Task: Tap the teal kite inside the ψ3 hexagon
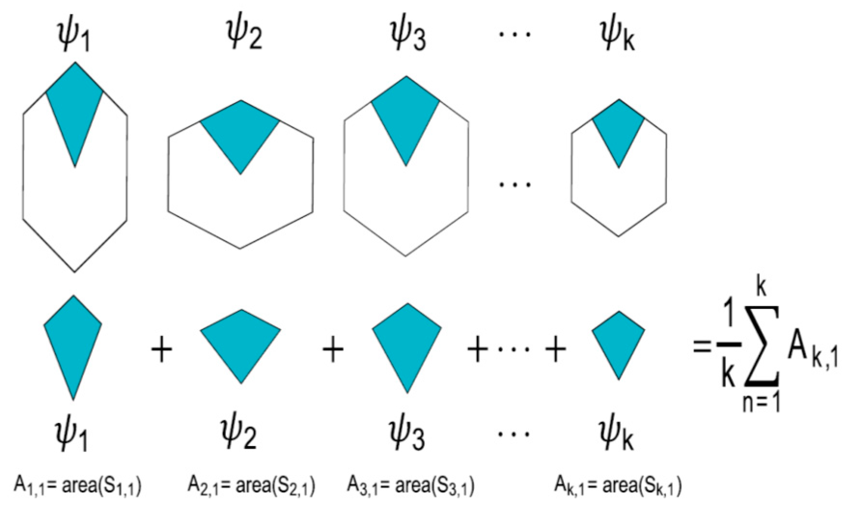coord(406,116)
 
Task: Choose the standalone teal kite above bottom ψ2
coord(241,340)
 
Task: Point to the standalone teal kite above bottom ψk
coord(619,340)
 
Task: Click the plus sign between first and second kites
coord(162,349)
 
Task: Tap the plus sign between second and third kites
coord(333,349)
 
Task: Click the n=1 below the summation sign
coord(762,403)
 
